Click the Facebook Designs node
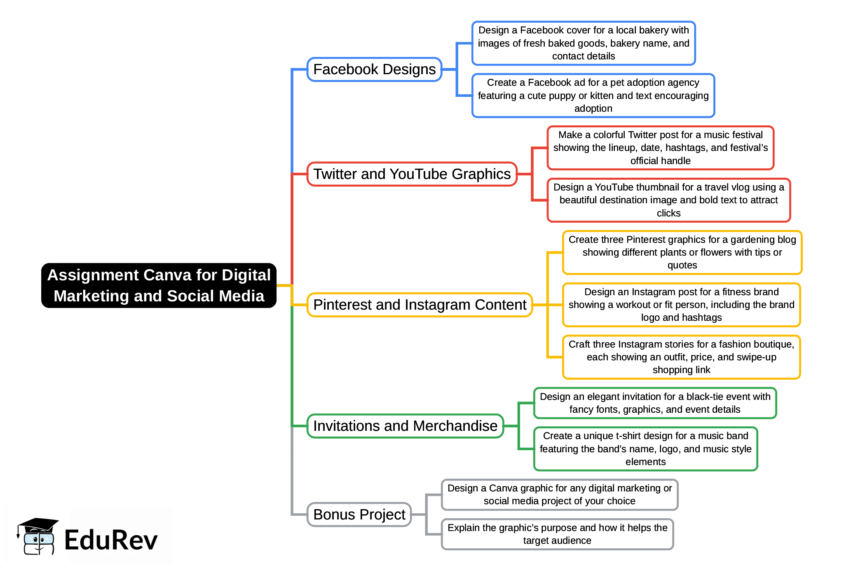click(x=374, y=69)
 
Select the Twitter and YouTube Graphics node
click(x=412, y=174)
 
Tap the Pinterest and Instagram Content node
click(x=420, y=305)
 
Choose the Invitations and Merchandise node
click(x=405, y=426)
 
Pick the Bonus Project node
click(x=359, y=515)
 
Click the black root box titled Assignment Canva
click(x=159, y=285)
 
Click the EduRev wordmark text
click(x=111, y=540)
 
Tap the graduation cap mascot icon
click(x=37, y=536)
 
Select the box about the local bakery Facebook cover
click(x=584, y=43)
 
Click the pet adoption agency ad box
click(x=593, y=96)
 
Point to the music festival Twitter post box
click(x=660, y=148)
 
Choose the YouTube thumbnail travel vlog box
click(x=668, y=200)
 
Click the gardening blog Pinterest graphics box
click(x=682, y=252)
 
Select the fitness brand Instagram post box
click(x=681, y=305)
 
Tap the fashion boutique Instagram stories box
click(x=681, y=357)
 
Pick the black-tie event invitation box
click(x=655, y=403)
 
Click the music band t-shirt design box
click(x=645, y=449)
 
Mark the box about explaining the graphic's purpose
click(x=557, y=534)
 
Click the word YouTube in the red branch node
click(x=418, y=174)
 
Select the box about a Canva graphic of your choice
click(x=559, y=495)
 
